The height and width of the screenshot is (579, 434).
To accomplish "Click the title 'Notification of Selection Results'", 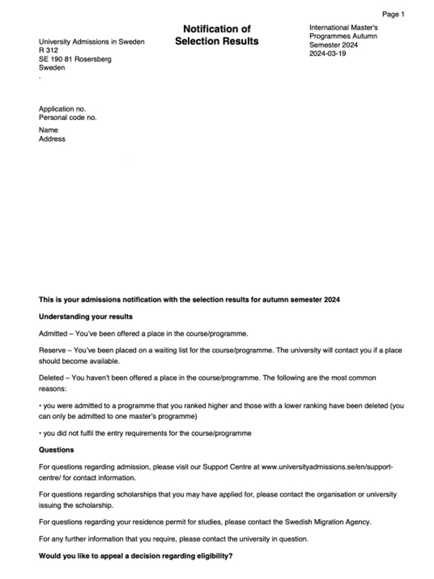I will coord(216,35).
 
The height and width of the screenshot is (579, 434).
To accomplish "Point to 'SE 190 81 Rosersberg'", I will coord(75,59).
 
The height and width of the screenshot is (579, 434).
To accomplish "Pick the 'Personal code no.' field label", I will coord(67,117).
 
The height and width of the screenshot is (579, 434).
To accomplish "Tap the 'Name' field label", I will coord(48,130).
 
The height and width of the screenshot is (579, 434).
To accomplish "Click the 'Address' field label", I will coord(51,139).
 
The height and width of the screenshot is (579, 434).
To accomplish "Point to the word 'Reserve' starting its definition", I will coord(53,349).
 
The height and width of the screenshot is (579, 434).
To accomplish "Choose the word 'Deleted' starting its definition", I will coord(52,378).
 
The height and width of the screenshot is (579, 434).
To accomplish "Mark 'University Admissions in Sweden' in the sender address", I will coord(91,42).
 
